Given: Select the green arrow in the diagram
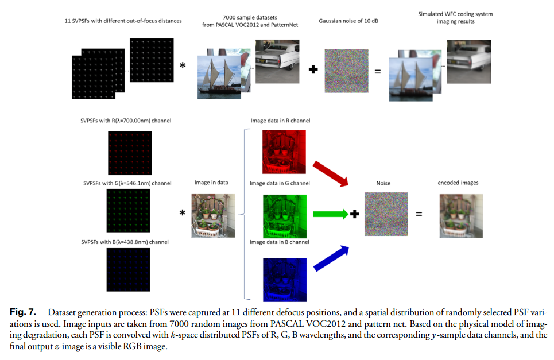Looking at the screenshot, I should pos(331,215).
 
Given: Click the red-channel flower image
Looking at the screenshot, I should pos(284,153).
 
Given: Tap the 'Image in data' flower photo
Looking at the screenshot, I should pos(212,215).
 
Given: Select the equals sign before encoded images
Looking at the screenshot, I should pos(419,215).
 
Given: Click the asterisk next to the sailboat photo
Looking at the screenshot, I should pos(183,66).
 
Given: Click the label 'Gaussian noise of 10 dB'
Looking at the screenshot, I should pos(347,21).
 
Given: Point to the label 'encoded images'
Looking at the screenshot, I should pos(458,183).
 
